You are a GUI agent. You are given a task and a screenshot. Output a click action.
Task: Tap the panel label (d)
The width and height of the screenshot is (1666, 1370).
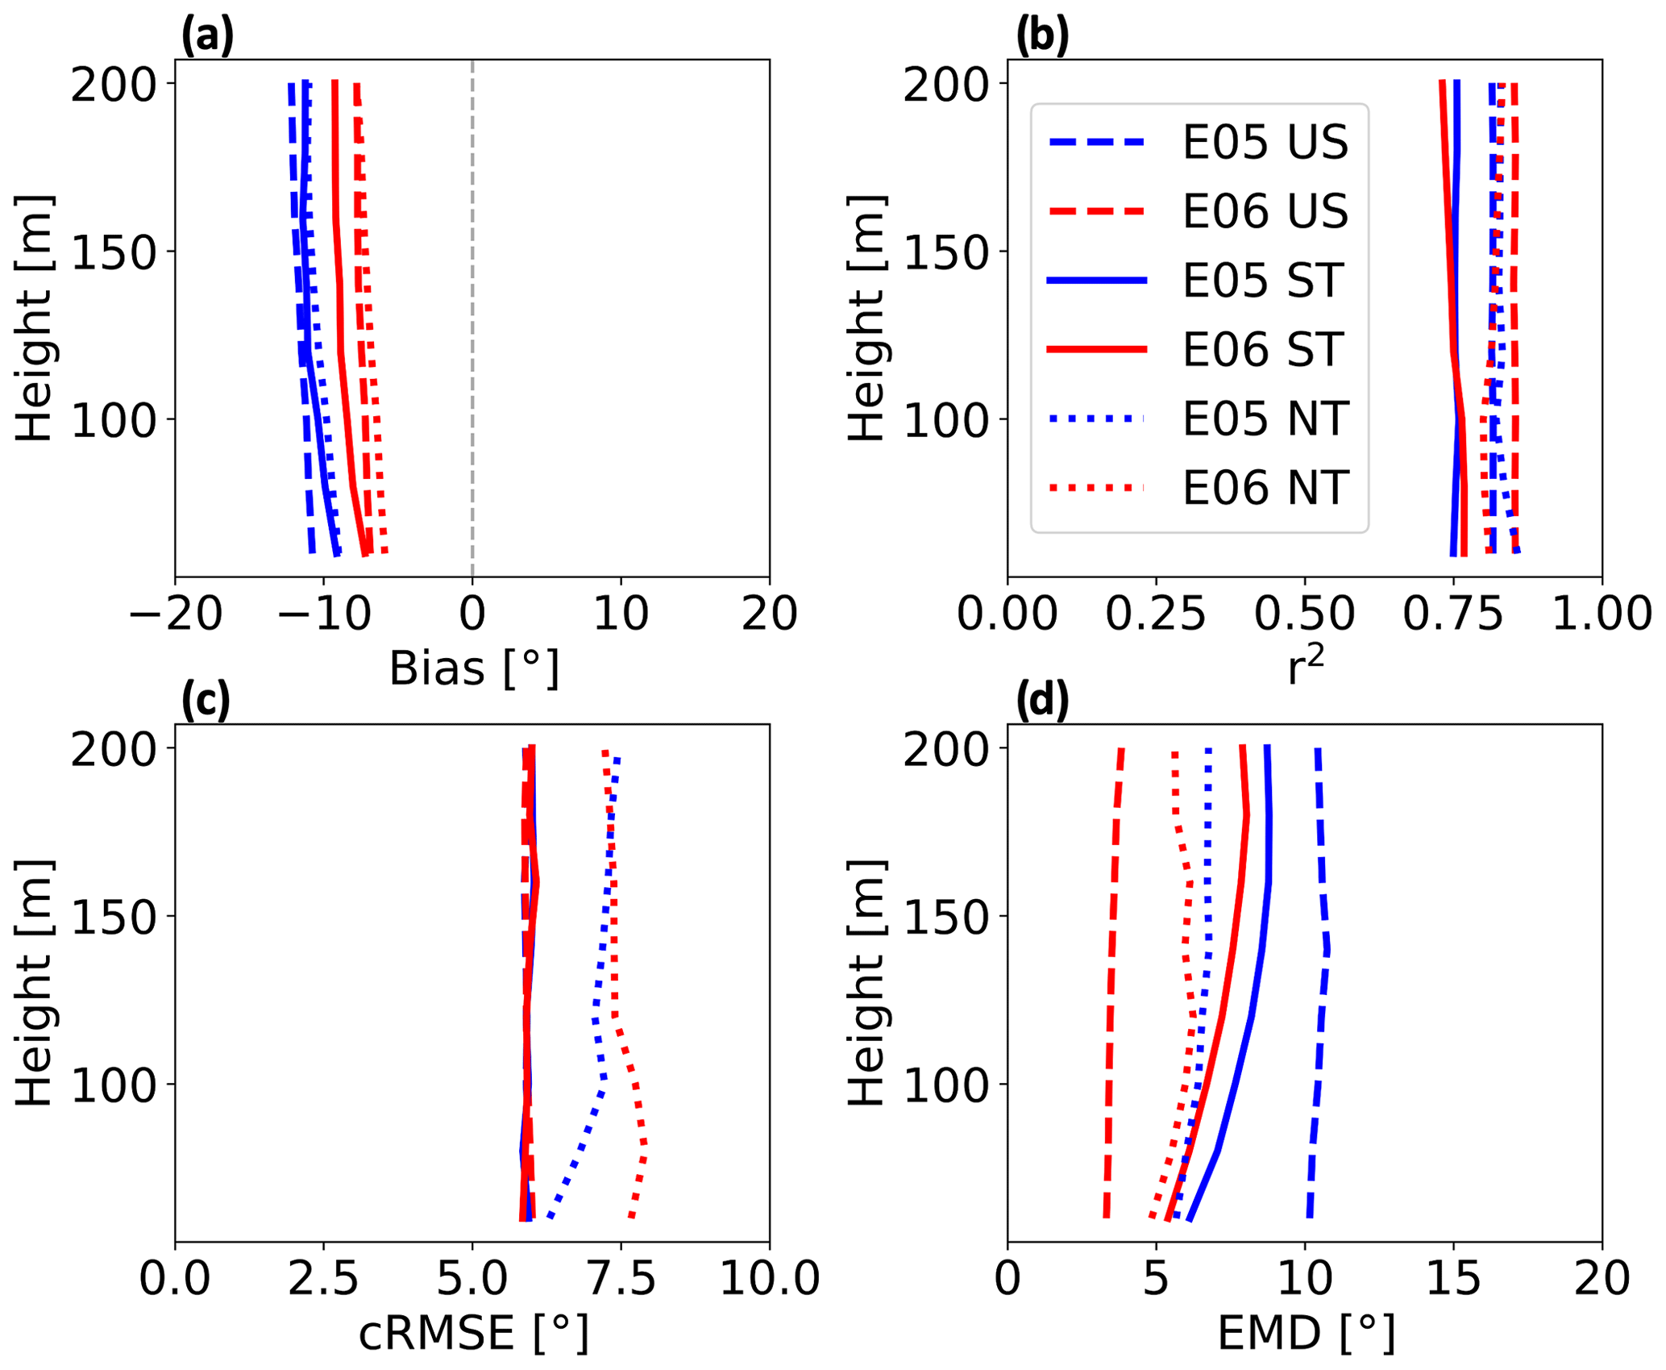1042,700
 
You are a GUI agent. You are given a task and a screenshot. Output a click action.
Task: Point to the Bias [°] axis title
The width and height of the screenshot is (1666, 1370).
474,669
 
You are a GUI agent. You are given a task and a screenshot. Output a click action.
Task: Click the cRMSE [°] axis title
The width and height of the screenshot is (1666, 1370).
474,1334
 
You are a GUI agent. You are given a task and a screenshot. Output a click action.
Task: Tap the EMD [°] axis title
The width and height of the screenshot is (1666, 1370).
1306,1334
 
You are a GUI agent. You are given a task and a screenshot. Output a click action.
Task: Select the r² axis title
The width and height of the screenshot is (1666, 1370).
1306,668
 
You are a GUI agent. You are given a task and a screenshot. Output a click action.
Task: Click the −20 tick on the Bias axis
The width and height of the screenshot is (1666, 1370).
176,614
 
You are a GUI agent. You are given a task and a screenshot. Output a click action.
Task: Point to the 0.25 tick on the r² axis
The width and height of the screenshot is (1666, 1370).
1155,614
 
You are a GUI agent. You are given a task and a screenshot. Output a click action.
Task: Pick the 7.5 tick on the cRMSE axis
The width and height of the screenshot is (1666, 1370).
621,1279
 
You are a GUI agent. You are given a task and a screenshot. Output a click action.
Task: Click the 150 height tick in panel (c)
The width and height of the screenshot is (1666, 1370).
113,917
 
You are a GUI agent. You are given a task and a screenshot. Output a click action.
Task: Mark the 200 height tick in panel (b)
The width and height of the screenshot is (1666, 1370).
945,85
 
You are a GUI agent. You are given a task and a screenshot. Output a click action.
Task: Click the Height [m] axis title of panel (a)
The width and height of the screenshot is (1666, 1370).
34,318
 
